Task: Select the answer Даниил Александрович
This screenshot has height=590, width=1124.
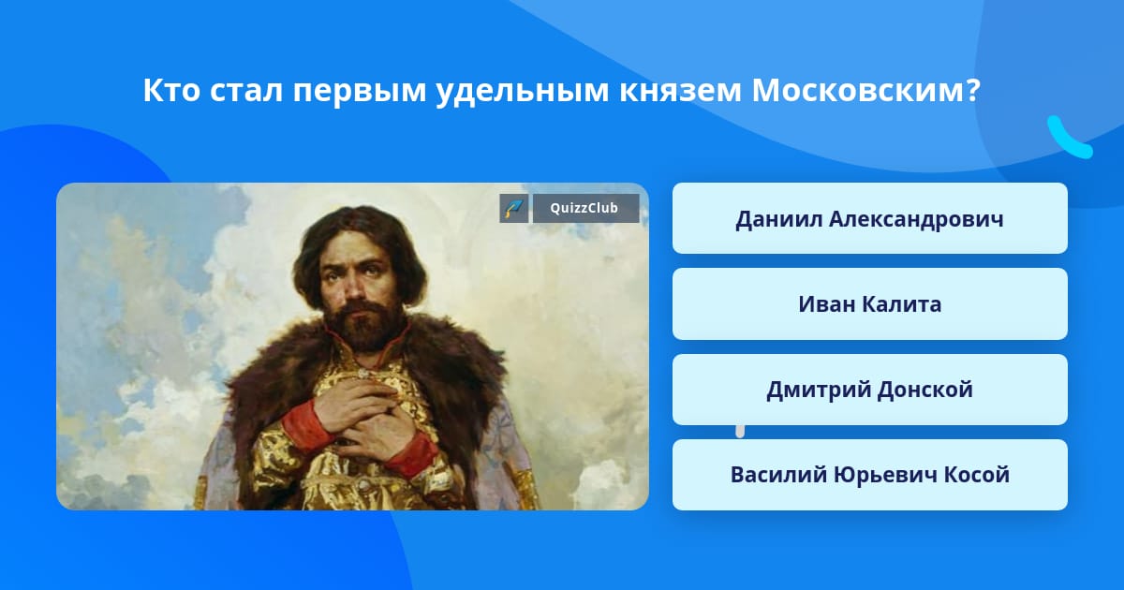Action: click(x=869, y=218)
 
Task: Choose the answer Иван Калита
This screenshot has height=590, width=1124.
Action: click(x=869, y=304)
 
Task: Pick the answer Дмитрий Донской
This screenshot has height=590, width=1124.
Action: click(x=869, y=390)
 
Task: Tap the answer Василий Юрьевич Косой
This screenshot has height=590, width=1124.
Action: click(x=869, y=475)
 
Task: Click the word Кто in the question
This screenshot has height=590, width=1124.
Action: click(x=171, y=90)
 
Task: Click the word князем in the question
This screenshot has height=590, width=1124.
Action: click(x=680, y=92)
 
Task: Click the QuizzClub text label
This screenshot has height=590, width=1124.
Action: click(x=584, y=208)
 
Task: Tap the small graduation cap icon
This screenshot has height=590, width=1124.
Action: click(x=514, y=208)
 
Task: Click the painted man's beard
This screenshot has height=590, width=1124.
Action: click(x=363, y=325)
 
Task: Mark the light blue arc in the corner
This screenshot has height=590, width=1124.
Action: click(x=1068, y=141)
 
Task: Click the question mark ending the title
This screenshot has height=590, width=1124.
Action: click(x=973, y=90)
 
